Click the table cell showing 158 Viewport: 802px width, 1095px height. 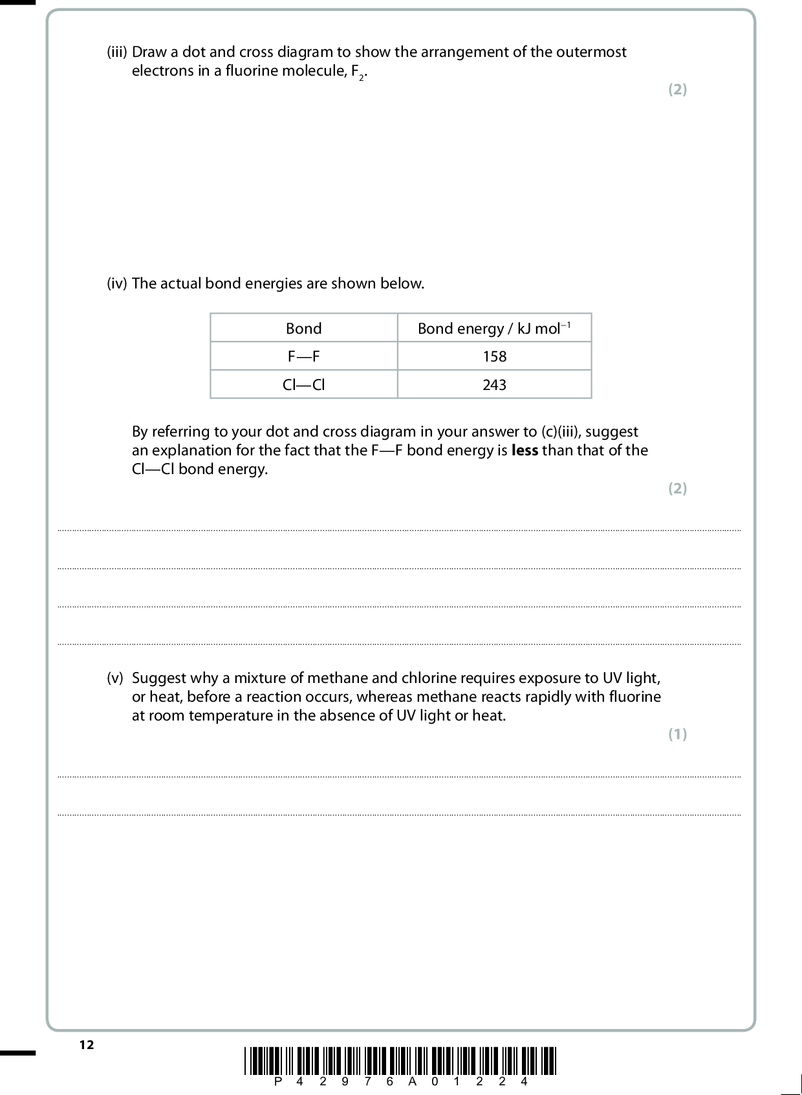point(494,356)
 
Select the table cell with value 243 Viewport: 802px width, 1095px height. point(494,385)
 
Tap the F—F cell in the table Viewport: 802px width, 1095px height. point(303,356)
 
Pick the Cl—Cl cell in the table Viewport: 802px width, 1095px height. point(303,385)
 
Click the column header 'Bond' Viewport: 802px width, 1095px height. point(303,329)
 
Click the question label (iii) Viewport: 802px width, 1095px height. point(117,52)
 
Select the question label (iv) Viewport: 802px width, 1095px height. point(117,283)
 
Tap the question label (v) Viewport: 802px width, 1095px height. point(114,678)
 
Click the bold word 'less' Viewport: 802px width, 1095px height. point(525,451)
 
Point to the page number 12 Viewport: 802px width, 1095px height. point(87,1045)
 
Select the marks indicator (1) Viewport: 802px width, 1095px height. point(677,734)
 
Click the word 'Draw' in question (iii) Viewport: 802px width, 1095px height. point(148,52)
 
